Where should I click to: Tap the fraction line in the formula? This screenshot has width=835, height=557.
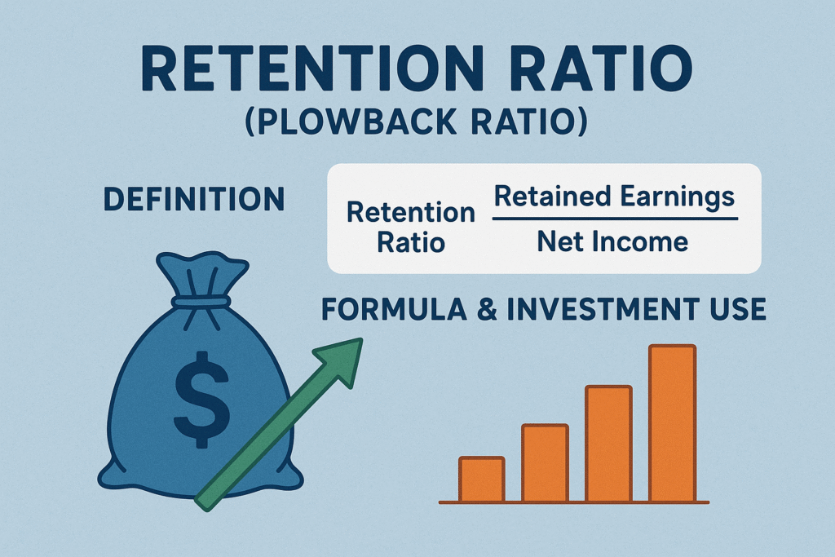point(615,219)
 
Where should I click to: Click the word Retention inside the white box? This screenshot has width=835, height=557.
point(410,213)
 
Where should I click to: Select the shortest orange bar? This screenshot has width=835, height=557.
point(481,479)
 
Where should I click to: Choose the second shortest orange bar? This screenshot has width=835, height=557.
point(545,462)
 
